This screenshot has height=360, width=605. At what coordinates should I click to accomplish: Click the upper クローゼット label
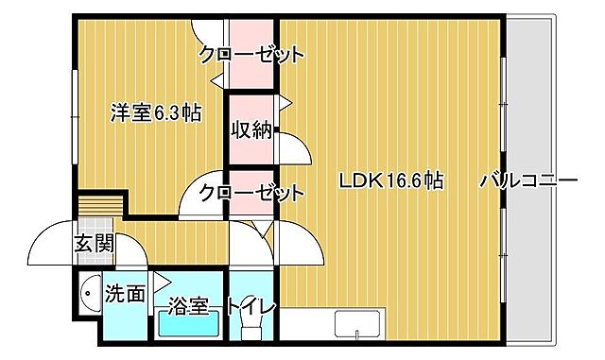251,55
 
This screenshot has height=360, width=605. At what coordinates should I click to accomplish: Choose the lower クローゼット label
251,193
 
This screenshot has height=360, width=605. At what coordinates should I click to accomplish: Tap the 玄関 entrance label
94,243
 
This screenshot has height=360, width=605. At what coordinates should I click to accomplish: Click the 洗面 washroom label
125,295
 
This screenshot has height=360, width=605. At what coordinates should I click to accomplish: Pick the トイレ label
250,307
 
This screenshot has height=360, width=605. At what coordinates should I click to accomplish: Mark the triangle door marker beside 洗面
160,280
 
